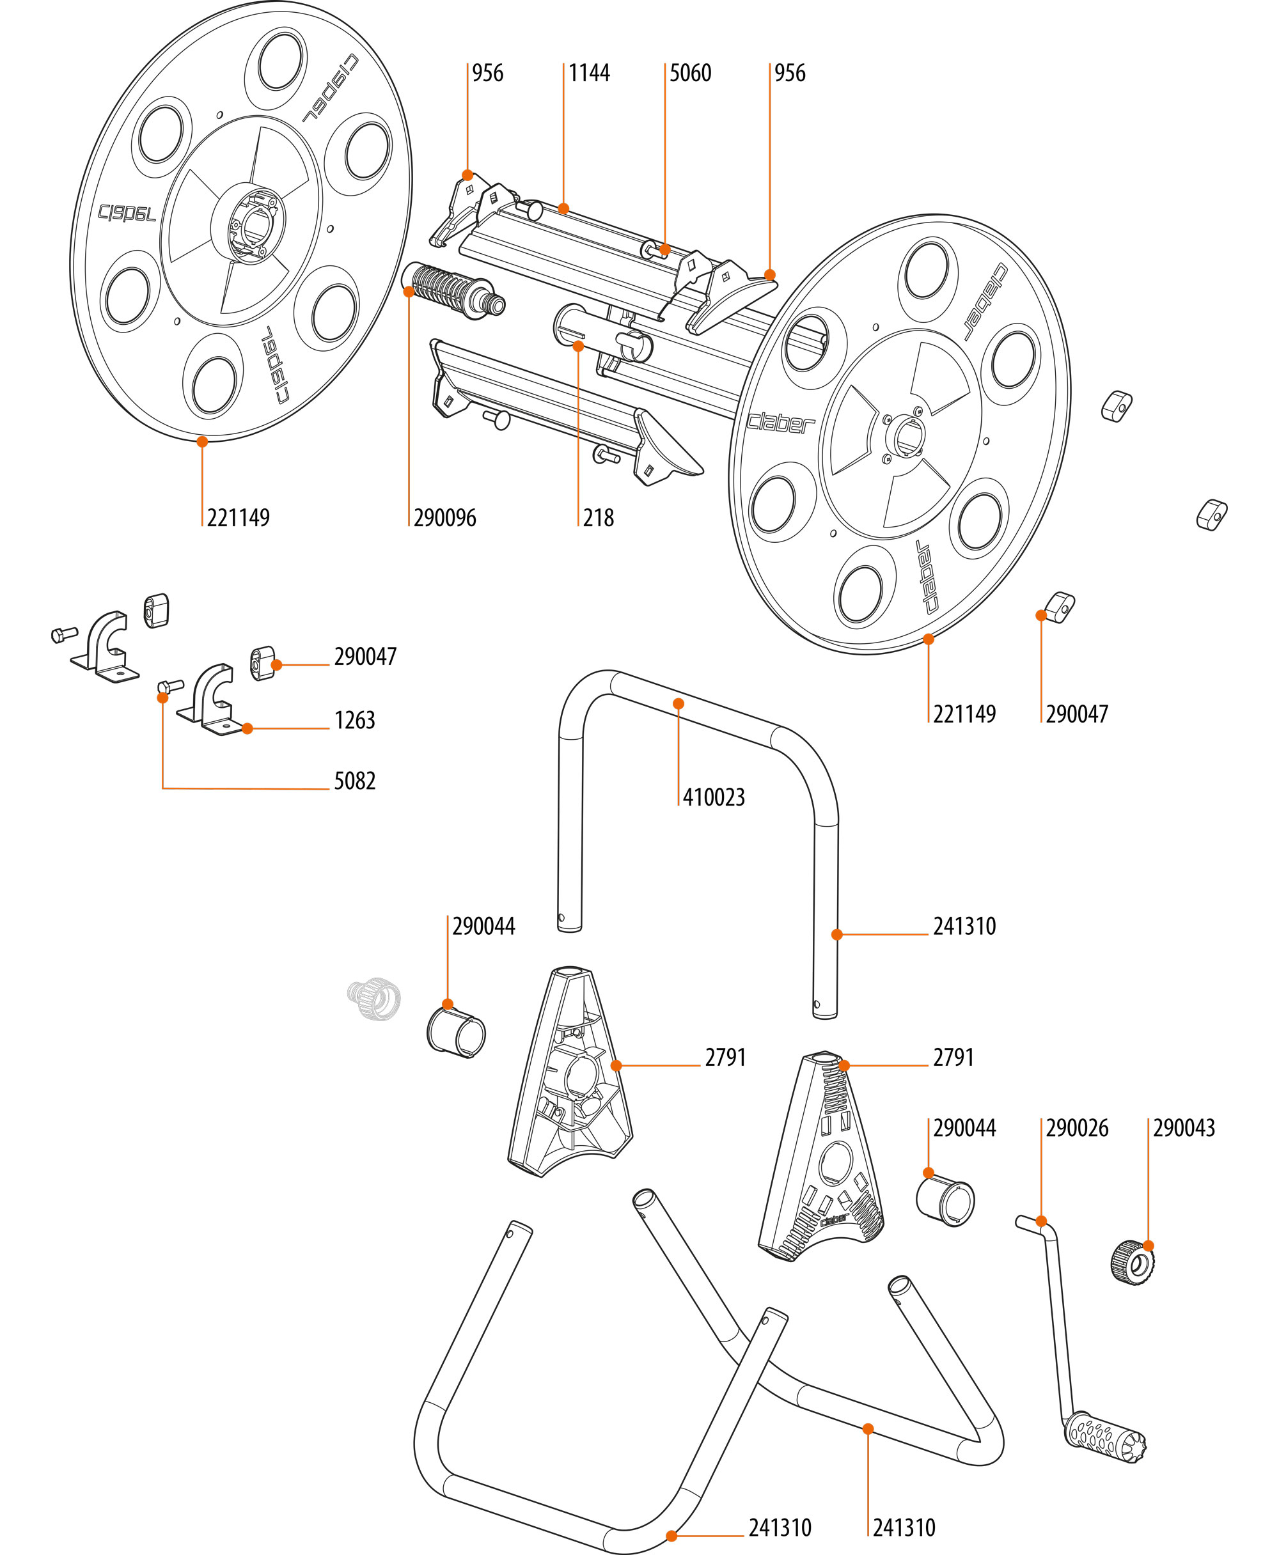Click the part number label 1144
pyautogui.click(x=589, y=73)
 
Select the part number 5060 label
pyautogui.click(x=689, y=73)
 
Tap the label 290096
pyautogui.click(x=444, y=518)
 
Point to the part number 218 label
pyautogui.click(x=597, y=518)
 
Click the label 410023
pyautogui.click(x=713, y=797)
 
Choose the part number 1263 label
pyautogui.click(x=354, y=720)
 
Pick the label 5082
pyautogui.click(x=354, y=781)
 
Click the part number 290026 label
pyautogui.click(x=1076, y=1128)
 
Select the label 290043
pyautogui.click(x=1183, y=1128)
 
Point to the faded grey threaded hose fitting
pyautogui.click(x=374, y=998)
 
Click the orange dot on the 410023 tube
pyautogui.click(x=679, y=703)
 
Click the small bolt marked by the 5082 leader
pyautogui.click(x=171, y=687)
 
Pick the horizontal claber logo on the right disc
pyautogui.click(x=781, y=423)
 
